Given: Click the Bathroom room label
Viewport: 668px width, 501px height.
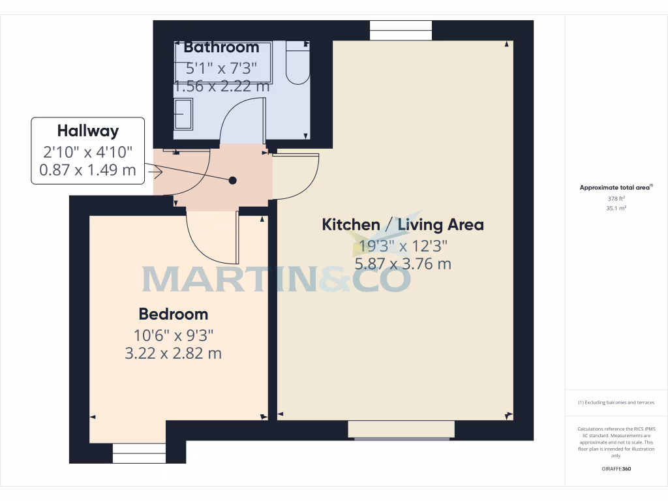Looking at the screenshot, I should coord(221,47).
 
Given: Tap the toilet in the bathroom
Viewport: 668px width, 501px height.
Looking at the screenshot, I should coord(297,63).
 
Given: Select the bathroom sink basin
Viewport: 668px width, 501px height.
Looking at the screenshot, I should coord(183,114).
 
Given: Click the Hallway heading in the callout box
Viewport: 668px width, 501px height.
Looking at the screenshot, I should coord(88,130).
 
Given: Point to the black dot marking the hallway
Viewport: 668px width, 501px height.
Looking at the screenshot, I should coord(232,180).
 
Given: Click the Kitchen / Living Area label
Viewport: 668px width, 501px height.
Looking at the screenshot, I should coord(403,225).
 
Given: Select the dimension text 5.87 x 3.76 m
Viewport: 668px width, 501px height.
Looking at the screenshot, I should coord(403,264).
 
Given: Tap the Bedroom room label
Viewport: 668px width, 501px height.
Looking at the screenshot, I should coord(174,314).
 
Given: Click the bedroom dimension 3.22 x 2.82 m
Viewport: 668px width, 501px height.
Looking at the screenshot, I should coord(174,354).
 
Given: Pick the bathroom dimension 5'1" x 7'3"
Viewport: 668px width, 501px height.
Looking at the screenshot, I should coord(221,67).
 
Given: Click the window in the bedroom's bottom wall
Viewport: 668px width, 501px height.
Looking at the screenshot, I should coord(139,453).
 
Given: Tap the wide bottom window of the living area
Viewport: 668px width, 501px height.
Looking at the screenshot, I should coord(401,430).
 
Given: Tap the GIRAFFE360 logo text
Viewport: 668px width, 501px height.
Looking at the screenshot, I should coord(616,469).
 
